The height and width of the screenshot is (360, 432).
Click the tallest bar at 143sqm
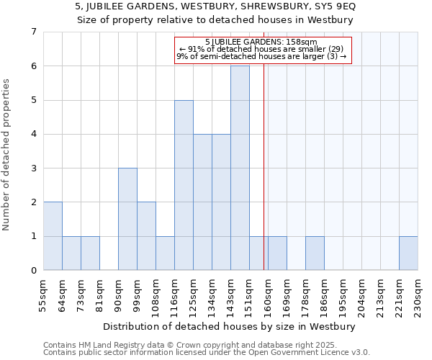pyautogui.click(x=240, y=168)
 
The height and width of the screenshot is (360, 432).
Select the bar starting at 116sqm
pyautogui.click(x=184, y=185)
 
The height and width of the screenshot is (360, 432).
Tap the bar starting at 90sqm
pyautogui.click(x=127, y=219)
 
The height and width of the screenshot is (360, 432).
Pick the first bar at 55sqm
pyautogui.click(x=53, y=236)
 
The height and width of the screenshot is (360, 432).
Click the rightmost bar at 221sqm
pyautogui.click(x=408, y=253)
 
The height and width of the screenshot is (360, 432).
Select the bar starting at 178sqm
pyautogui.click(x=315, y=253)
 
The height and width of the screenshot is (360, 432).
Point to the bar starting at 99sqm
pyautogui.click(x=146, y=236)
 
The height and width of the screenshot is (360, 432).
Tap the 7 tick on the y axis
pyautogui.click(x=33, y=32)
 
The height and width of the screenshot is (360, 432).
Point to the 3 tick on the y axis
pyautogui.click(x=33, y=168)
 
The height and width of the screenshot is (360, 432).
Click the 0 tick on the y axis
pyautogui.click(x=33, y=271)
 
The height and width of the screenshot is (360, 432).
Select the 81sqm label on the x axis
pyautogui.click(x=99, y=294)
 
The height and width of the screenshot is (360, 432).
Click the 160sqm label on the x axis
pyautogui.click(x=268, y=294)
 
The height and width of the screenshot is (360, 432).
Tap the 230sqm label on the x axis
pyautogui.click(x=418, y=294)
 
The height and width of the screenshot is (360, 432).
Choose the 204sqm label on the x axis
pyautogui.click(x=361, y=294)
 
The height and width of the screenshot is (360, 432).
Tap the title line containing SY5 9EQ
pyautogui.click(x=215, y=6)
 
